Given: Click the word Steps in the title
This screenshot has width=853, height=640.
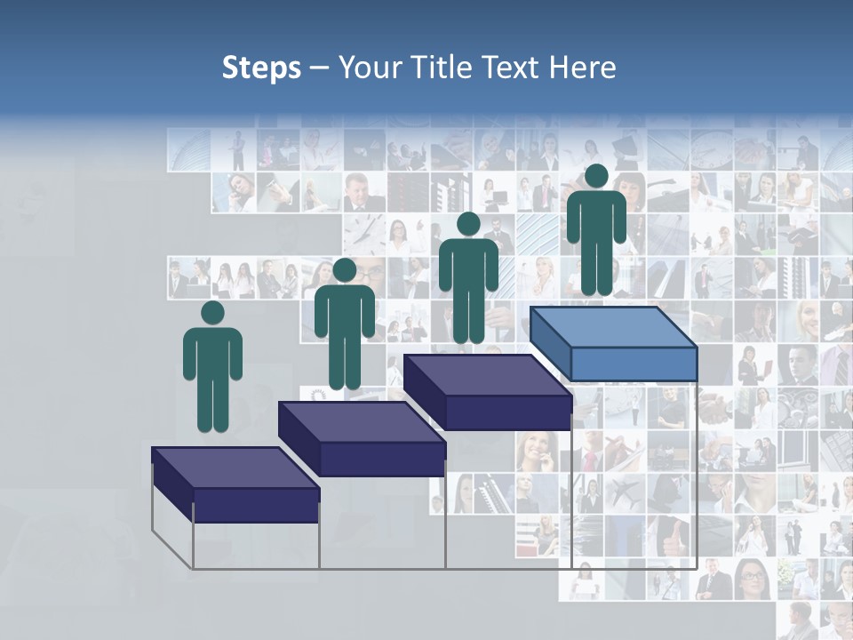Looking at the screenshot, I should click(x=261, y=68).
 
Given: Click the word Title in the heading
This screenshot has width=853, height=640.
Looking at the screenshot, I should click(x=442, y=68).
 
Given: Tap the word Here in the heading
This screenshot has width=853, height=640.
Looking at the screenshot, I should click(x=583, y=68).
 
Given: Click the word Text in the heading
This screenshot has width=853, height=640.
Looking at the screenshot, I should click(x=511, y=68).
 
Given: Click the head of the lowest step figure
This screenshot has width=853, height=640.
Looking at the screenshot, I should click(x=212, y=313).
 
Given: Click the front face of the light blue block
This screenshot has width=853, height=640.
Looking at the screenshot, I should click(x=633, y=364).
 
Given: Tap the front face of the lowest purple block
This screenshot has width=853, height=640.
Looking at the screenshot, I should click(x=256, y=505).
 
